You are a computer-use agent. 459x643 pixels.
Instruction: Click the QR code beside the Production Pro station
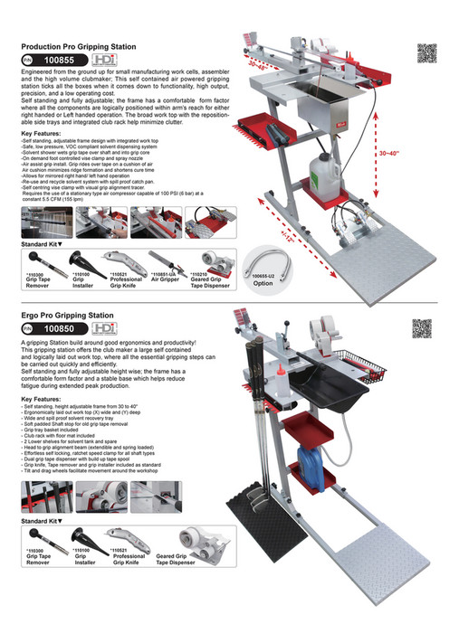426,52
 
